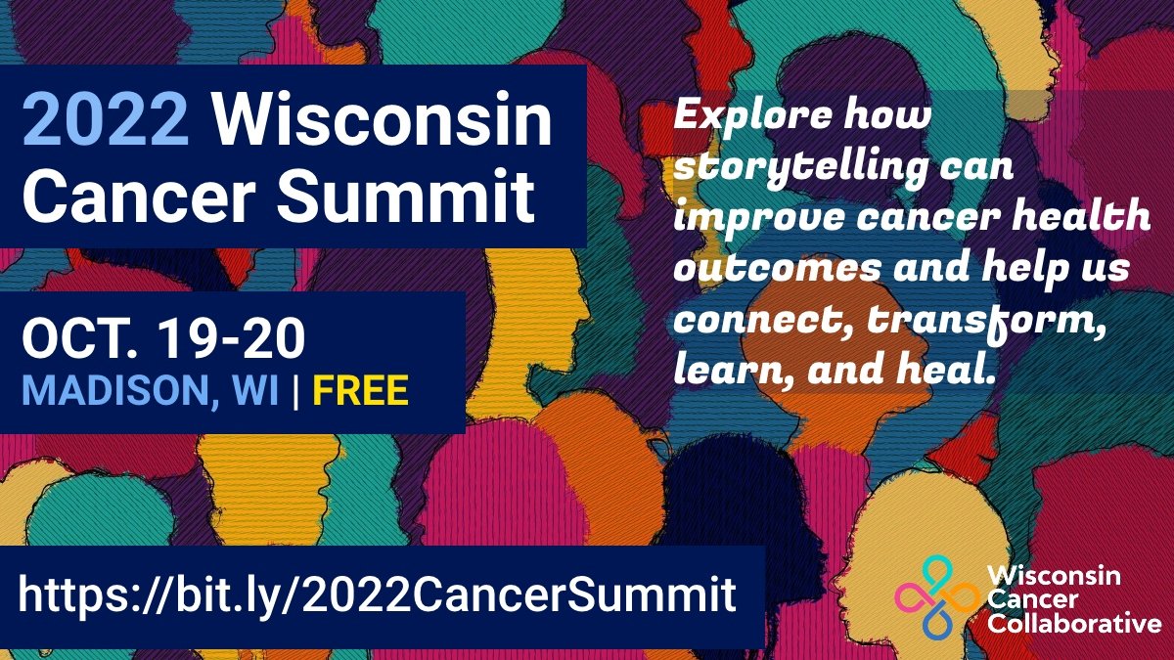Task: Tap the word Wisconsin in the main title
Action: click(383, 121)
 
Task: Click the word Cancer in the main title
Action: click(136, 194)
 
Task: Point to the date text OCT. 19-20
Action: click(163, 340)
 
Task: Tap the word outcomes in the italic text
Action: click(751, 268)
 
